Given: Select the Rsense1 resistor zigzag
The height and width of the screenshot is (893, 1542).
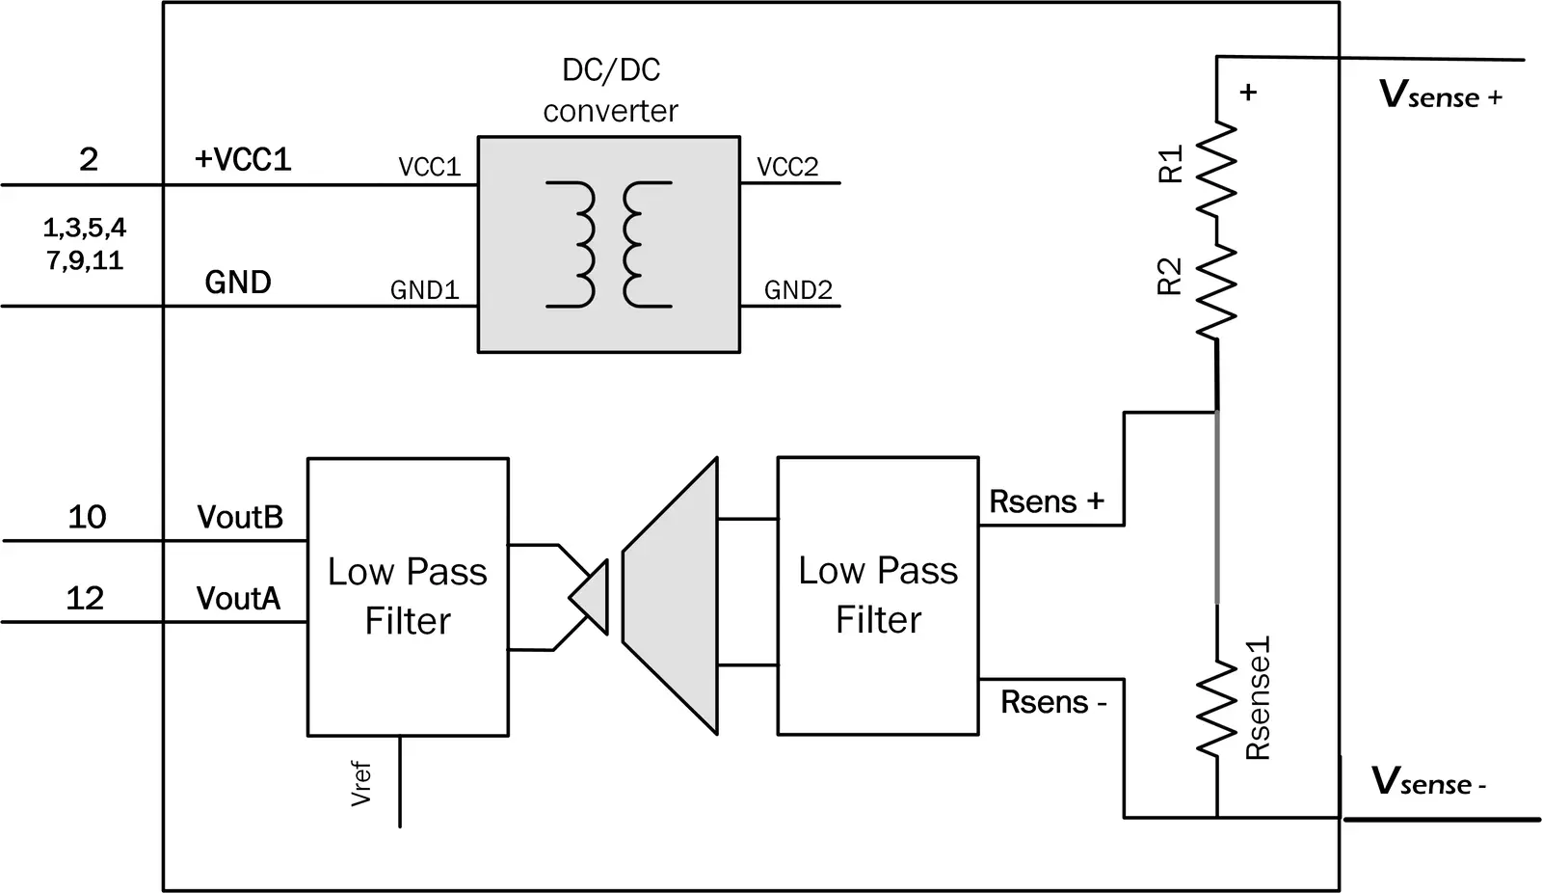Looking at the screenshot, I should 1216,709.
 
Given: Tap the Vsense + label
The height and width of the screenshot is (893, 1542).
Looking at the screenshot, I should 1440,95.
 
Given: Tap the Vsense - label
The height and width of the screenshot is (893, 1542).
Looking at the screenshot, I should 1427,781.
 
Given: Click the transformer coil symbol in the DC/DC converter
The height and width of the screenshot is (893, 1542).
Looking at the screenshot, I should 608,244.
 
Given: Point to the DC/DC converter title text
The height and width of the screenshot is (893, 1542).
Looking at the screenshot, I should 610,90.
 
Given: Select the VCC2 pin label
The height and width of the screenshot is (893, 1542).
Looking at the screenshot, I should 787,167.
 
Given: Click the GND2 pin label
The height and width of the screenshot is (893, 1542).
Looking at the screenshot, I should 798,289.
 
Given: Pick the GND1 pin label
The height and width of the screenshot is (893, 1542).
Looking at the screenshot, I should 424,289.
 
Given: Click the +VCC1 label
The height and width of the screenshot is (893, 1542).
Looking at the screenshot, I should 243,159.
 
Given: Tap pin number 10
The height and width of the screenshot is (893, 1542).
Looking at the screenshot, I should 87,517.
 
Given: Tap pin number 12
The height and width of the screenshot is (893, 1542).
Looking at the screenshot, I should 85,598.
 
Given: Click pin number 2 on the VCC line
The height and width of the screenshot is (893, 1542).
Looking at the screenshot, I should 89,159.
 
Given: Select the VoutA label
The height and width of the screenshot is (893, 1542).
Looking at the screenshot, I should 238,599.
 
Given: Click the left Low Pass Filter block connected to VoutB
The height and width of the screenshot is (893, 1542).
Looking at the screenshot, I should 408,596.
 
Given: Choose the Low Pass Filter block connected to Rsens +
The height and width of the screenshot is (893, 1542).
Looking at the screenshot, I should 878,595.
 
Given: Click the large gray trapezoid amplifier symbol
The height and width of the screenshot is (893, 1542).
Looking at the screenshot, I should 673,595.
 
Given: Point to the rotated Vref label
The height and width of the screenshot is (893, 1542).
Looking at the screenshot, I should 361,783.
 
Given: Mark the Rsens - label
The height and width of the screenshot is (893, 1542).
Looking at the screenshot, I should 1052,702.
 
